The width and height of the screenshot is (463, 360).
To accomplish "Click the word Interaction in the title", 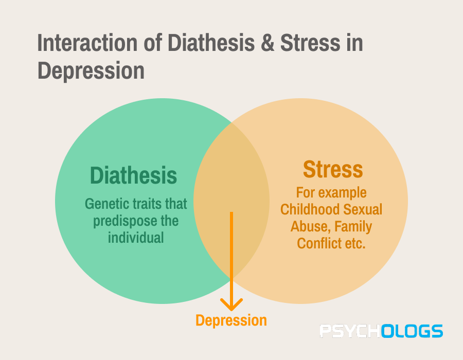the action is (87, 43).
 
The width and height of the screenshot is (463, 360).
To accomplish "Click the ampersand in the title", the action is (268, 43).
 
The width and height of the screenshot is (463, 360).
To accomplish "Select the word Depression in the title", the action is (91, 71).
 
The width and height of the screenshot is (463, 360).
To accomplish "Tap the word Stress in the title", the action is (310, 43).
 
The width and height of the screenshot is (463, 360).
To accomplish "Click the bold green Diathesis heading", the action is (133, 175).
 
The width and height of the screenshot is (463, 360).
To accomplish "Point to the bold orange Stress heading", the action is (333, 169).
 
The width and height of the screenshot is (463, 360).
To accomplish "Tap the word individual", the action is (136, 238).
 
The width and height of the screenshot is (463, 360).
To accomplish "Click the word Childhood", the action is (310, 209).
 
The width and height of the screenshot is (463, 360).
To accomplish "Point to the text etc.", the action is (355, 244).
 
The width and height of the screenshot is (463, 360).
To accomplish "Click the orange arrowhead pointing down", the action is (232, 304).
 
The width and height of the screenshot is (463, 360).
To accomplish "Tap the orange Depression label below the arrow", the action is (231, 320).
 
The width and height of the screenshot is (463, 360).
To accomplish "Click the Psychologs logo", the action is (381, 331).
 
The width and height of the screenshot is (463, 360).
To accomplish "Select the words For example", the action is (331, 193).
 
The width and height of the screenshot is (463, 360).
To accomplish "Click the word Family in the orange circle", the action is (353, 227).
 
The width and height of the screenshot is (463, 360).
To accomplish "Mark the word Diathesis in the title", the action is (211, 43).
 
